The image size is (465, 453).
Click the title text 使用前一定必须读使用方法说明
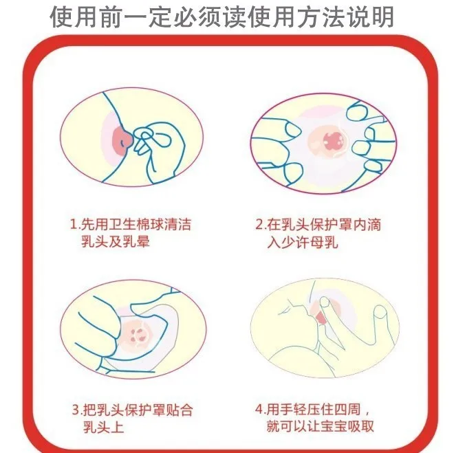221,17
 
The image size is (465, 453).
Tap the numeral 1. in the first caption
74,224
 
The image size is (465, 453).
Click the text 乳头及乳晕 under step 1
116,241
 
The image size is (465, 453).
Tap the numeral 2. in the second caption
260,225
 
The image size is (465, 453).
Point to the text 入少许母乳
302,242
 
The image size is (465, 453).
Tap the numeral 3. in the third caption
76,410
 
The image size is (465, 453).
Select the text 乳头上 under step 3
103,428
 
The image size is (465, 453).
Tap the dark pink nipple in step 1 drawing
122,141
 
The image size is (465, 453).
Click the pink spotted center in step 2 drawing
332,140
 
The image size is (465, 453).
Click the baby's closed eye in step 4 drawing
285,310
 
